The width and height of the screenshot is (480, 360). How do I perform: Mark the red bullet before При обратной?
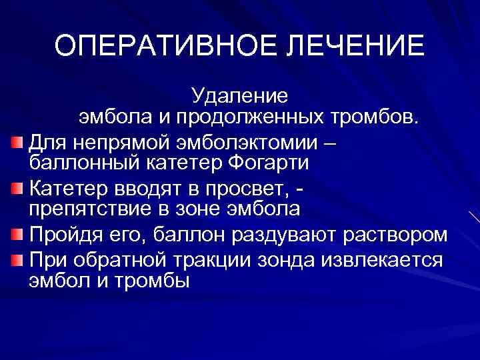17,259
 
